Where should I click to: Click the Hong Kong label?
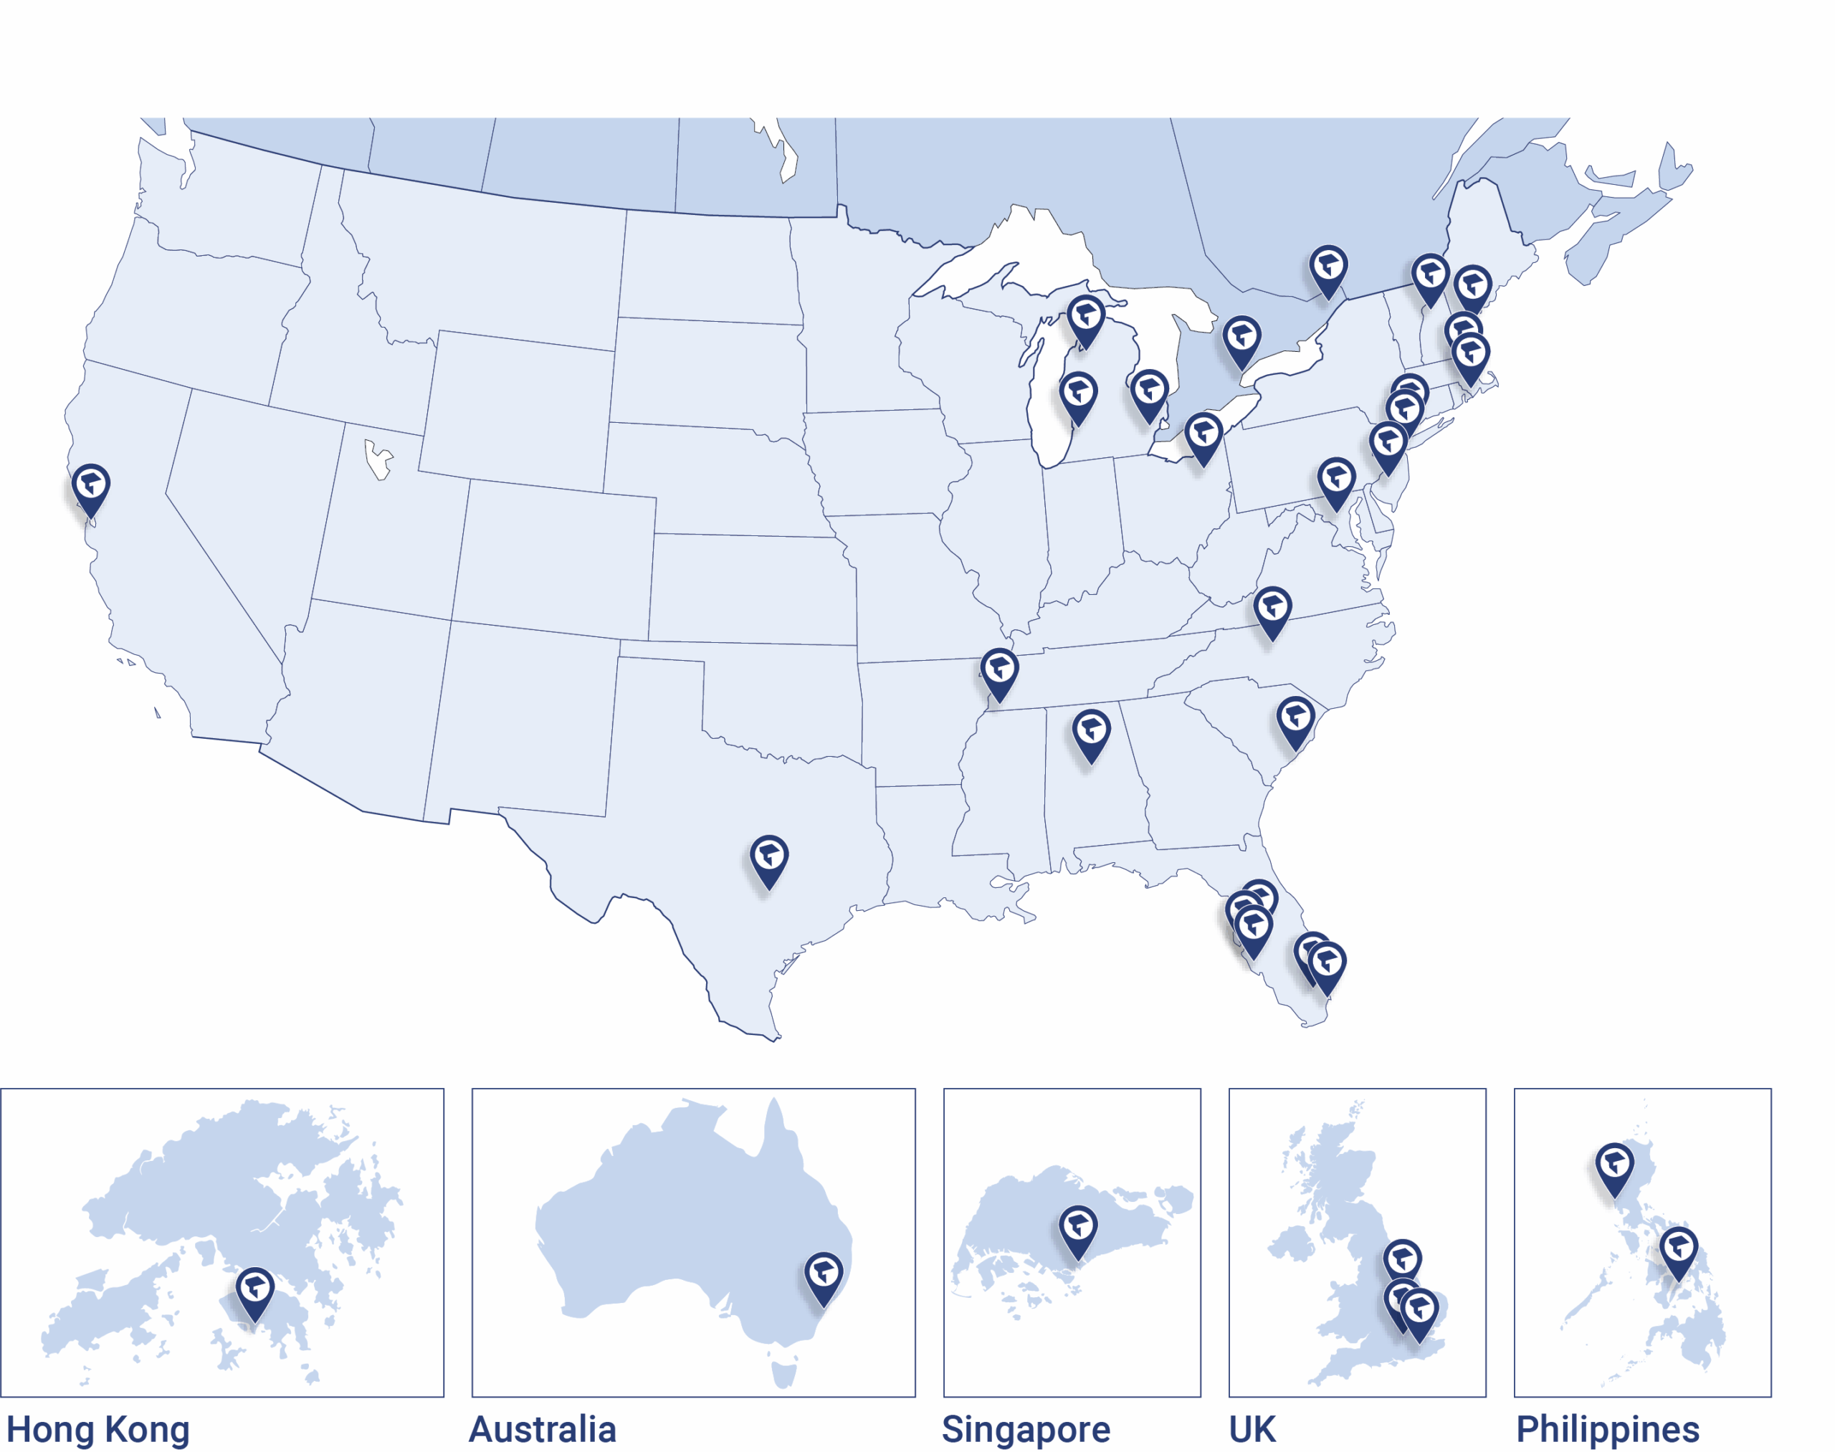pyautogui.click(x=97, y=1428)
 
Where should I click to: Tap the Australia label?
pyautogui.click(x=543, y=1428)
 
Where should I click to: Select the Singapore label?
pyautogui.click(x=1026, y=1428)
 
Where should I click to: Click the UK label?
pyautogui.click(x=1252, y=1428)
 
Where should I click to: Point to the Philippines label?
pyautogui.click(x=1607, y=1428)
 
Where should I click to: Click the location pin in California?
pyautogui.click(x=91, y=486)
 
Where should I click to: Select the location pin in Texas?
pyautogui.click(x=768, y=858)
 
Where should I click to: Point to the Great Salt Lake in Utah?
pyautogui.click(x=377, y=459)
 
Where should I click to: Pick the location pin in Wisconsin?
pyautogui.click(x=1078, y=396)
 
